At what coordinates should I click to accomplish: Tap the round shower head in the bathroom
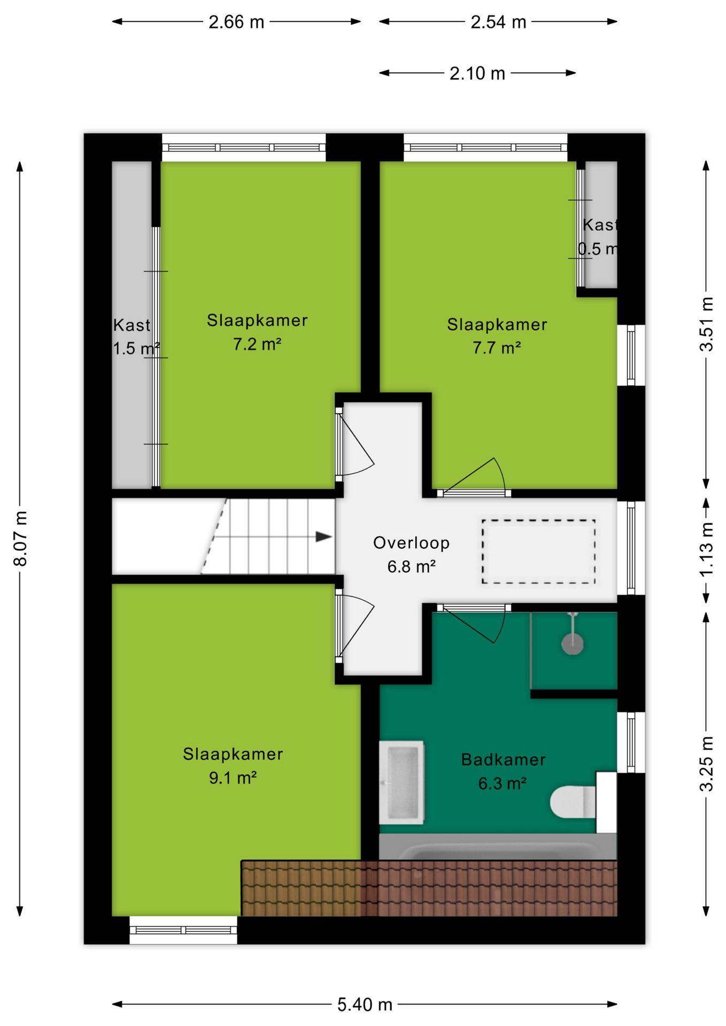572,643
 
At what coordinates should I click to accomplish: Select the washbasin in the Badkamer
401,782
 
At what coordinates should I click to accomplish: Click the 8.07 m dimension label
20,539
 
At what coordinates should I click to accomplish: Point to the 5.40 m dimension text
365,1005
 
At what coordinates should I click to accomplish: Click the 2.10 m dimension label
477,73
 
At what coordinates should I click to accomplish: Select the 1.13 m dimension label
706,549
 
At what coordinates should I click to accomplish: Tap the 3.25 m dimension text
706,764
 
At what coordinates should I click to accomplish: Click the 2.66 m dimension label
236,22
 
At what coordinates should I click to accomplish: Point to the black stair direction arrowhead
324,537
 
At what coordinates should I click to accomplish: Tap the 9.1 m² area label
233,778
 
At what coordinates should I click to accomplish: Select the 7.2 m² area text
257,344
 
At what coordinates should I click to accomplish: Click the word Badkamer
503,759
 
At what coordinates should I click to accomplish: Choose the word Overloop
411,542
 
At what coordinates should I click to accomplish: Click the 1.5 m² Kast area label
136,348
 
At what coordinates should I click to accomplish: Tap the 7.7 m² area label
497,347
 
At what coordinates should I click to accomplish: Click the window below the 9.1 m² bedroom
183,930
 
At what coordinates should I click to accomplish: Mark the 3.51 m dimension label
706,324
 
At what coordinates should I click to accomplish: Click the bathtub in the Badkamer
498,846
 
